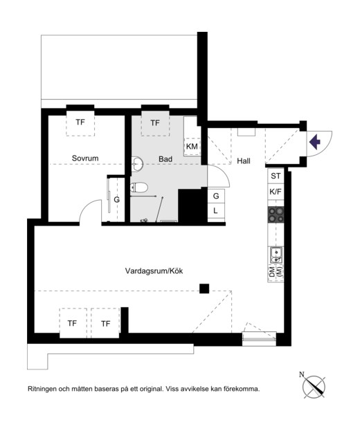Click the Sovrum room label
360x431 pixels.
(85, 158)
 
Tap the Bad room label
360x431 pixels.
(165, 159)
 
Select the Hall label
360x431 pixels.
(244, 161)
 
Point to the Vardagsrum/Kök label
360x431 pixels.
(154, 271)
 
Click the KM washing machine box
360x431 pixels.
(192, 147)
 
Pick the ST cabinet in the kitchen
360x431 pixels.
(276, 176)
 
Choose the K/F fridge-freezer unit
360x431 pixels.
(276, 192)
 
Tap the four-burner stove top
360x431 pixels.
(276, 215)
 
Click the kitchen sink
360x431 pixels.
(276, 255)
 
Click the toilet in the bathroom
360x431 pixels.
(139, 187)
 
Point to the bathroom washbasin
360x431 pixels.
(137, 164)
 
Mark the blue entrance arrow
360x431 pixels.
(315, 142)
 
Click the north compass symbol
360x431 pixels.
(314, 386)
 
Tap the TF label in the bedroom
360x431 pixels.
(80, 122)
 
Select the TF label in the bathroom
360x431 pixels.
(155, 123)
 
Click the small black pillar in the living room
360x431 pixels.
(204, 288)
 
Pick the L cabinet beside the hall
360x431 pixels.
(216, 211)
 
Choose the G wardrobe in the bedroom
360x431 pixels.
(116, 199)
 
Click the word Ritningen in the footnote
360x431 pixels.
(42, 389)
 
